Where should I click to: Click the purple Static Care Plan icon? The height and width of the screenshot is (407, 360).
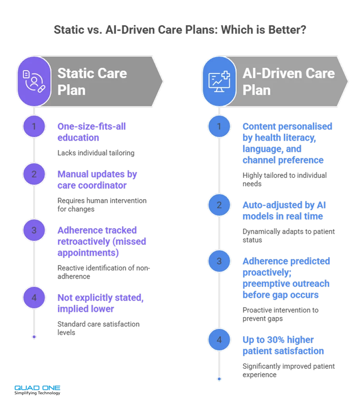(x=34, y=81)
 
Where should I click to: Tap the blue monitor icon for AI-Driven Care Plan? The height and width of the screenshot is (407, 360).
(x=219, y=81)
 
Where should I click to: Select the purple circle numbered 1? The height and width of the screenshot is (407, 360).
(x=34, y=126)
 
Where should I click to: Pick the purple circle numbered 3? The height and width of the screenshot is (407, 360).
(x=34, y=230)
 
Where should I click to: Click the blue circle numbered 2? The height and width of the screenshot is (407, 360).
(x=219, y=205)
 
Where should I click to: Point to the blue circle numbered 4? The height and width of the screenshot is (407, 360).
(x=219, y=340)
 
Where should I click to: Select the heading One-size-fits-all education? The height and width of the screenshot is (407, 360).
(x=92, y=132)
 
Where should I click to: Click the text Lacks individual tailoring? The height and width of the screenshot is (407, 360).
(x=96, y=153)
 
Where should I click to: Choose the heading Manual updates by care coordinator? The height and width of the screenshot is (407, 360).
(x=97, y=180)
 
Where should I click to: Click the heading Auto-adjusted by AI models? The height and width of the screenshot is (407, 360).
(x=284, y=211)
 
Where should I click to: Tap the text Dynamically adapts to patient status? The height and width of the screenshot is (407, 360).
(x=288, y=236)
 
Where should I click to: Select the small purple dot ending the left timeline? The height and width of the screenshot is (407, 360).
(x=34, y=337)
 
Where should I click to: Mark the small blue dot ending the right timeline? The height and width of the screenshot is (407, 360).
(x=219, y=379)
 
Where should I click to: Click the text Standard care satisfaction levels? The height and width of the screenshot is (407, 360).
(x=99, y=328)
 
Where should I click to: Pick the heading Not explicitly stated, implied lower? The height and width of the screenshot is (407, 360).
(x=101, y=303)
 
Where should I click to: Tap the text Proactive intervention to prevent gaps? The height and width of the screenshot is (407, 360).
(x=281, y=314)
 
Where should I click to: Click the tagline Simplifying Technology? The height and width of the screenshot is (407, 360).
(x=37, y=393)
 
